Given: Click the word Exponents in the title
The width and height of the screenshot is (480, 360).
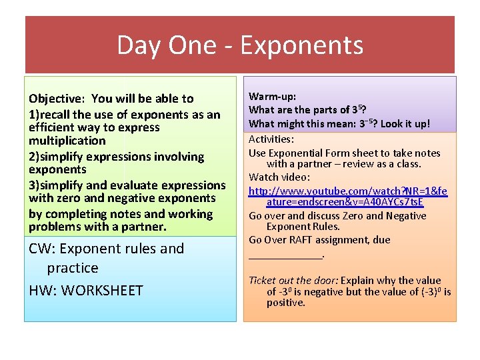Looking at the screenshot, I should tap(301, 45).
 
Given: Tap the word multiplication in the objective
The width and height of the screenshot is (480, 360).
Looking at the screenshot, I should tap(67, 141).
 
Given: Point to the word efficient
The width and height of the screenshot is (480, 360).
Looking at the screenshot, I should tap(53, 127).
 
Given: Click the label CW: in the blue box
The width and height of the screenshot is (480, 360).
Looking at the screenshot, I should tap(41, 249).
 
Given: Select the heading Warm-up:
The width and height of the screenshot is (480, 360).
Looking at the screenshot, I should tap(272, 97).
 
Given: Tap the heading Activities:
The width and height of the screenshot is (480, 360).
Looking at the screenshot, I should tap(271, 139).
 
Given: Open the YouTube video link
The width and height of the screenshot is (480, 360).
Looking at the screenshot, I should tap(347, 196).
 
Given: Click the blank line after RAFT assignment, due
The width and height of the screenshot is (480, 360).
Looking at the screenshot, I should tap(285, 255).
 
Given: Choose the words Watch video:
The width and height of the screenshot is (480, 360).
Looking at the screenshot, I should tap(279, 177).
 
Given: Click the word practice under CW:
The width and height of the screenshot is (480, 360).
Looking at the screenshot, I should tap(73, 268).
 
